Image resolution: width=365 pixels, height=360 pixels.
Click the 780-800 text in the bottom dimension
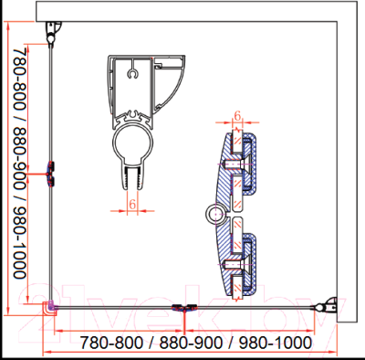point(111,343)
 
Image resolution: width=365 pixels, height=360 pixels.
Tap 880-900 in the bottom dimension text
point(191,343)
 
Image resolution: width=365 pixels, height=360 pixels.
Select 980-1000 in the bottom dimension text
point(276,343)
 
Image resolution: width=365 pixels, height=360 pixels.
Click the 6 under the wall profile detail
point(132,204)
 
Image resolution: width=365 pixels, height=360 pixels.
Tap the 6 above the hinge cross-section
point(237,116)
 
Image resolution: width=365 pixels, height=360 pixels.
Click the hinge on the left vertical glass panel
point(50,174)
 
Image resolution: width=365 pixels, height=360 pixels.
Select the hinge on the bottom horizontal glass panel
point(184,308)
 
